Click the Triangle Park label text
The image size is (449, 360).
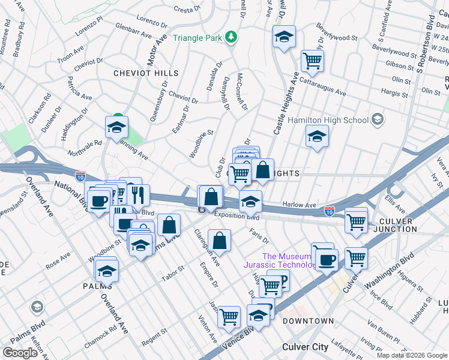click(x=197, y=38)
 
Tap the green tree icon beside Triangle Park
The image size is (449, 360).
click(x=231, y=38)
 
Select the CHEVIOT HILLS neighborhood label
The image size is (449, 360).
click(x=146, y=73)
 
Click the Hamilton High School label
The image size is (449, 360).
click(x=328, y=120)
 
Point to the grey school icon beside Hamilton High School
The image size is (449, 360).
click(x=377, y=119)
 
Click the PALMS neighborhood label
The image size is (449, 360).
click(x=97, y=286)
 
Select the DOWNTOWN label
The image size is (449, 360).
click(x=308, y=321)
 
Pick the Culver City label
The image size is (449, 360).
click(x=305, y=347)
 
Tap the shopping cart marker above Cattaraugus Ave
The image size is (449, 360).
click(x=312, y=60)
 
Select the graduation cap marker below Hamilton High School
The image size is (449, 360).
click(x=316, y=136)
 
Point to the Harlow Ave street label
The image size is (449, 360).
click(x=299, y=205)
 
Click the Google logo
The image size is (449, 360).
click(x=20, y=353)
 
